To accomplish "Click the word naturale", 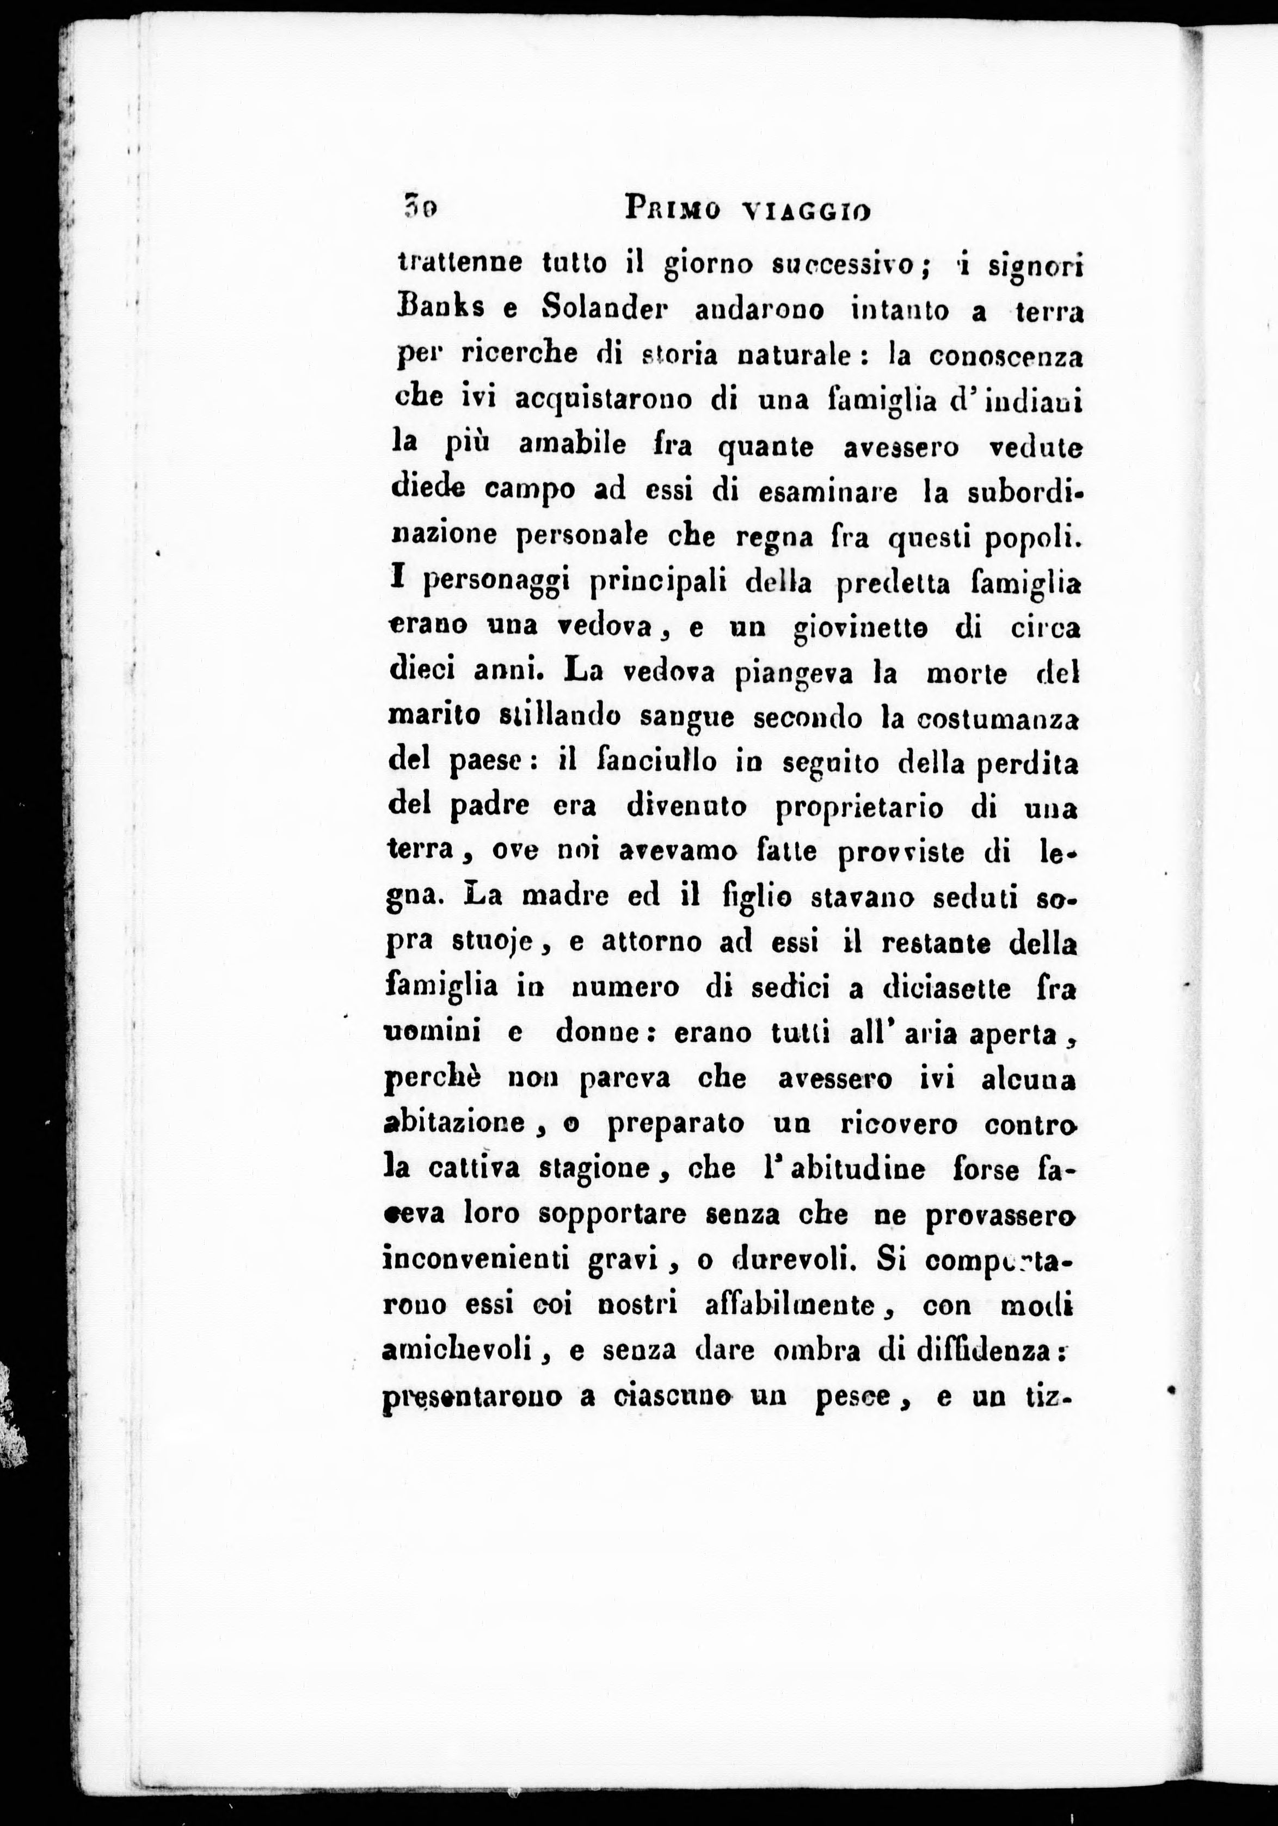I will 795,354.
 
